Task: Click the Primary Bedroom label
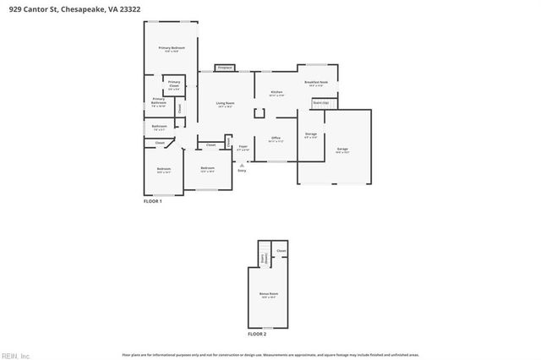(x=172, y=49)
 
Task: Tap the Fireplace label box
(x=225, y=68)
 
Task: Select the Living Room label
(x=225, y=104)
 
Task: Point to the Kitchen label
(x=276, y=93)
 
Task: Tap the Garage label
(x=342, y=150)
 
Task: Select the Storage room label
(x=311, y=135)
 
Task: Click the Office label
(x=276, y=139)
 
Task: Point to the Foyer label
(x=243, y=147)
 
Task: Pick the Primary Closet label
(x=173, y=84)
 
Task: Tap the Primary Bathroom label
(x=159, y=101)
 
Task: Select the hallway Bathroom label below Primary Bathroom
(x=159, y=128)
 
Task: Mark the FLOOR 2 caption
(x=256, y=335)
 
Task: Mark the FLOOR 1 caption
(x=152, y=201)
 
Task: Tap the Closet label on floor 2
(x=281, y=251)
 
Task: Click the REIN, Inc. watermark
(x=14, y=354)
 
